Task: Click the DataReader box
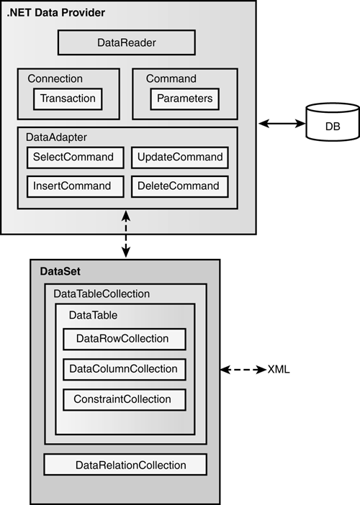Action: point(126,42)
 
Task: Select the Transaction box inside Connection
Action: point(68,99)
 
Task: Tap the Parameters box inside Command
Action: point(184,99)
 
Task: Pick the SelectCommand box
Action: point(76,158)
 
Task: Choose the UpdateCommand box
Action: point(180,158)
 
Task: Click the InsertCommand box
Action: point(76,186)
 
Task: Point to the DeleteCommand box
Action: point(180,186)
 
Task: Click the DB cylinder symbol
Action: point(333,122)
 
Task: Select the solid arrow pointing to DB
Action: point(282,123)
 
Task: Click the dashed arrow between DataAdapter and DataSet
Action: point(126,234)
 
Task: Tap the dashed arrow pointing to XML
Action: point(243,370)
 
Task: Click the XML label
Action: point(279,370)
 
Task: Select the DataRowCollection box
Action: point(125,339)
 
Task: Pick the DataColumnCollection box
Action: point(125,370)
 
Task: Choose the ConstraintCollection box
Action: point(125,400)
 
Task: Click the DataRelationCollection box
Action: point(125,465)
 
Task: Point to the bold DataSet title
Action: point(60,271)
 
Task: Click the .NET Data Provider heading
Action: point(55,12)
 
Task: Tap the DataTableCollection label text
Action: point(102,294)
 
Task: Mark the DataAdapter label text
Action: point(56,137)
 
